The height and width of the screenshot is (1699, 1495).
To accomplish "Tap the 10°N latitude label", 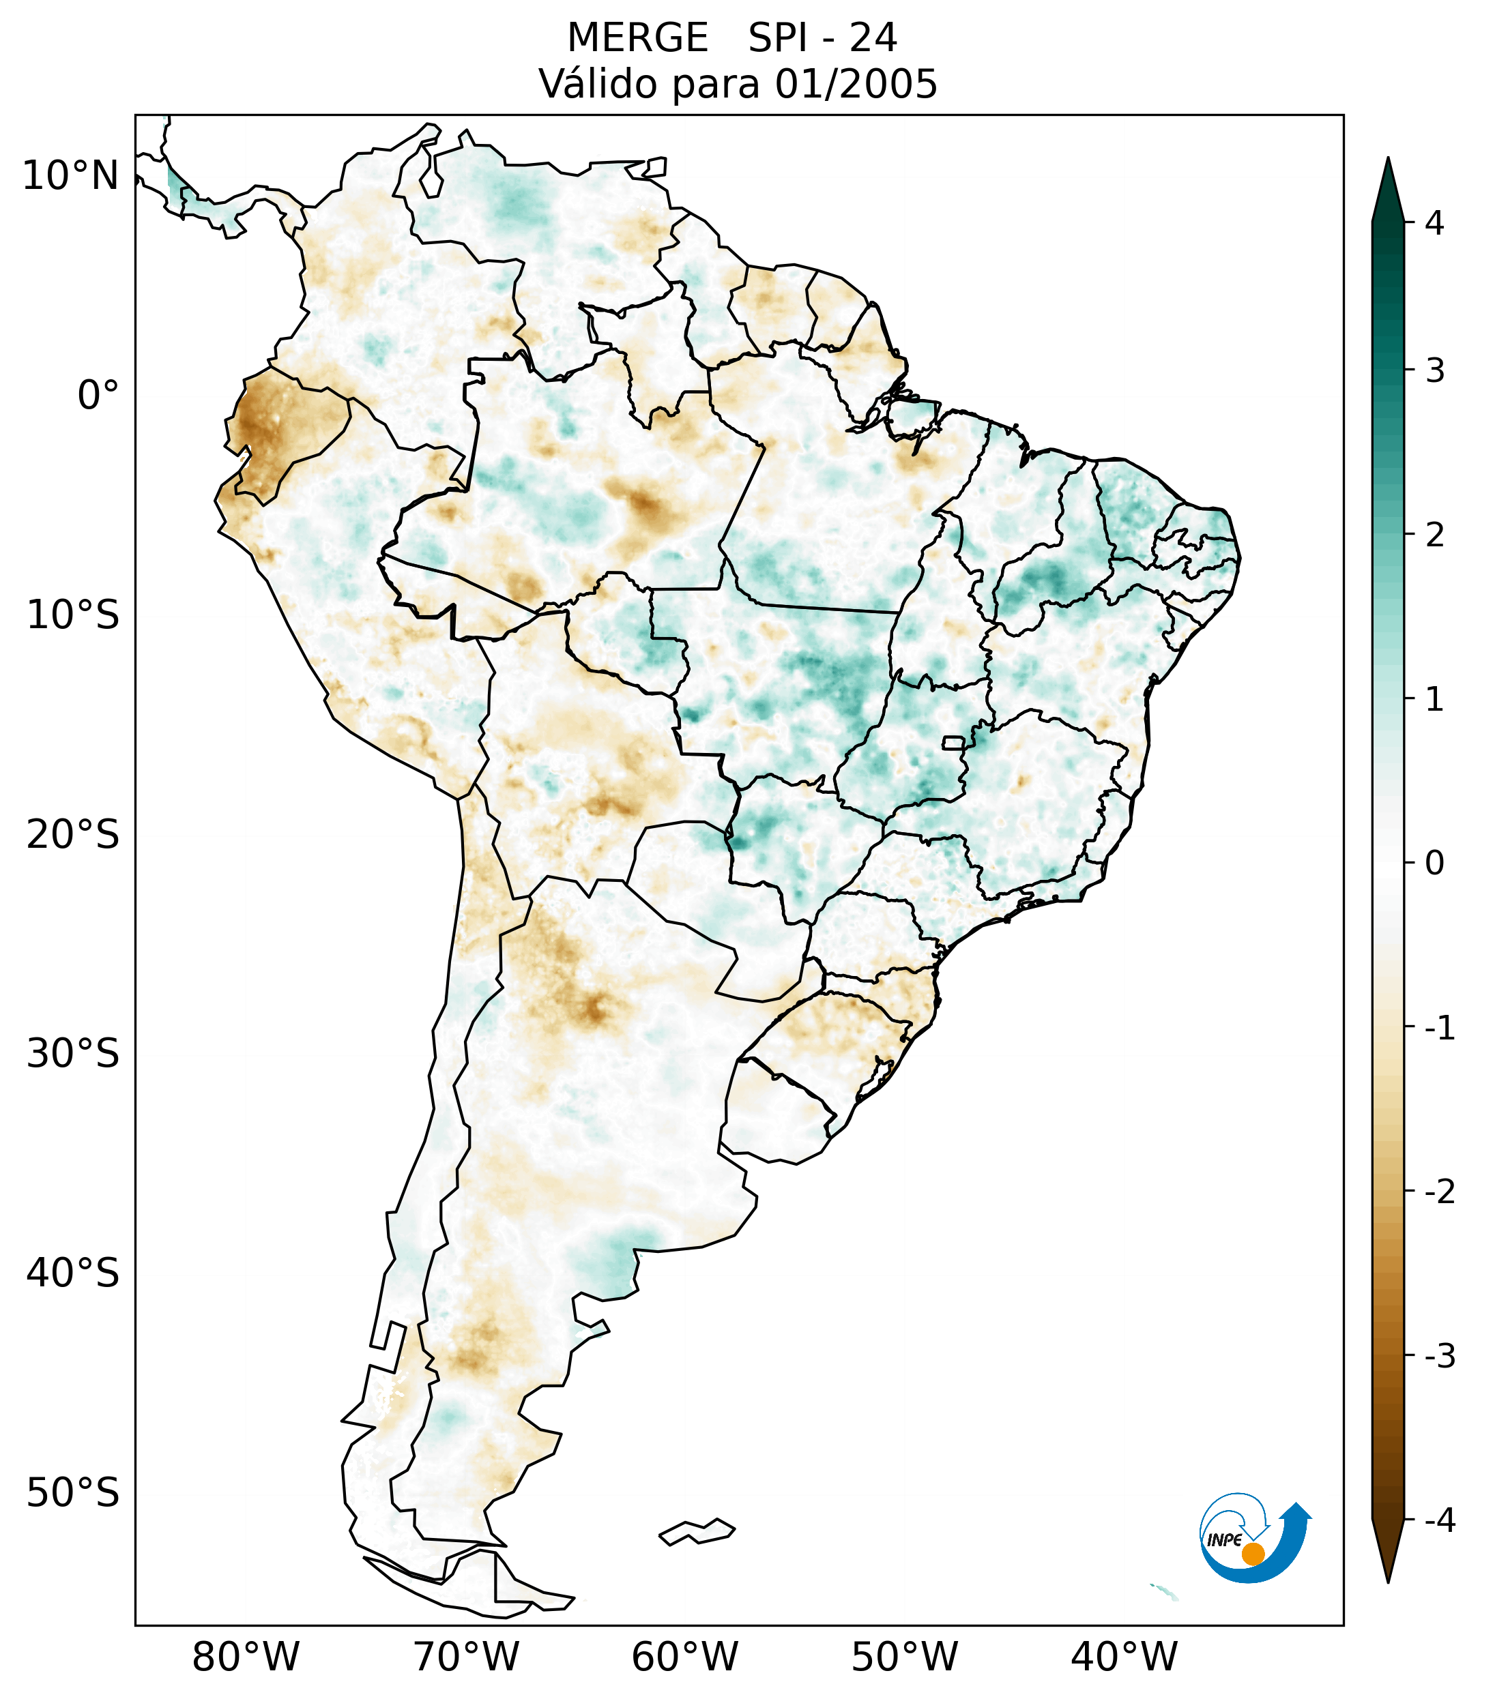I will [71, 176].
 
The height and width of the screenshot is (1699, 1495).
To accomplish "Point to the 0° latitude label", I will [98, 396].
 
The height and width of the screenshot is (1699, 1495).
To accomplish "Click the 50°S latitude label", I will [73, 1493].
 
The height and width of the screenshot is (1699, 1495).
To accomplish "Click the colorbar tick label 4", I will [1434, 223].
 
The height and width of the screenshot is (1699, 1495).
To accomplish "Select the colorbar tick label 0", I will [1434, 863].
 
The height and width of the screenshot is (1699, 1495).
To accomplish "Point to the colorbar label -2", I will [1439, 1192].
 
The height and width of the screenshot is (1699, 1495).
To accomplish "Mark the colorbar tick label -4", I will [1439, 1520].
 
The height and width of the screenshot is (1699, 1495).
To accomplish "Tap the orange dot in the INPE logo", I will [1252, 1554].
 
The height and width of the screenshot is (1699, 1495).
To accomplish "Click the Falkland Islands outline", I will [697, 1532].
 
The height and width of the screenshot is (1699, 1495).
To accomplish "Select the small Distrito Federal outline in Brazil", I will [954, 742].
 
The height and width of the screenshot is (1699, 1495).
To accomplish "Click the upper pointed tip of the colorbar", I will [1388, 161].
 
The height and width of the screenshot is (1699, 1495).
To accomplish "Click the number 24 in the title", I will [873, 38].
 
